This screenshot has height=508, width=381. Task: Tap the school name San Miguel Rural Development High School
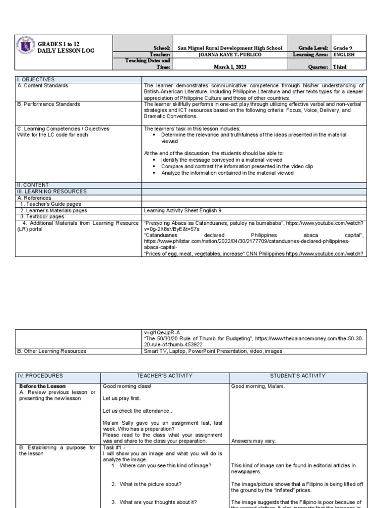click(x=230, y=48)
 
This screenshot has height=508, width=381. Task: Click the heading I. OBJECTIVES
click(x=35, y=79)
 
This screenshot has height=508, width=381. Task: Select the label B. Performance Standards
click(x=49, y=104)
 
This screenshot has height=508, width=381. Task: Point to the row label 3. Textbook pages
click(x=42, y=217)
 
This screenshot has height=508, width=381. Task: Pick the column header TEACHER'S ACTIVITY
click(x=164, y=376)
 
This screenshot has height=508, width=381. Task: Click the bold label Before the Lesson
click(x=42, y=386)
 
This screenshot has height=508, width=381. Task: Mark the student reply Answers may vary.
click(x=253, y=441)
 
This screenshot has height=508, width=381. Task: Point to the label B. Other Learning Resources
click(x=52, y=351)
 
